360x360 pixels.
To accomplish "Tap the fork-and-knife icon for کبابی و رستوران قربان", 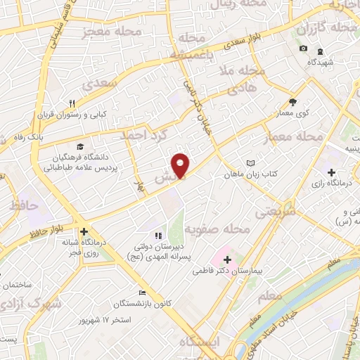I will pos(82,103).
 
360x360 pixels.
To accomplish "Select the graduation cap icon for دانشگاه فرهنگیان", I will pos(80,146).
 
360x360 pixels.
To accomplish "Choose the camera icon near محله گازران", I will pos(303,48).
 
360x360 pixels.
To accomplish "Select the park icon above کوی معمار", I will pos(293,101).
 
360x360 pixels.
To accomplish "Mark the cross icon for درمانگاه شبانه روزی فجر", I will pos(83,231).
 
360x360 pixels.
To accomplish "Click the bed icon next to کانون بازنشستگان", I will pos(143,292).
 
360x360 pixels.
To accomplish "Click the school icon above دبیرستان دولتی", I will pos(157,236).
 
